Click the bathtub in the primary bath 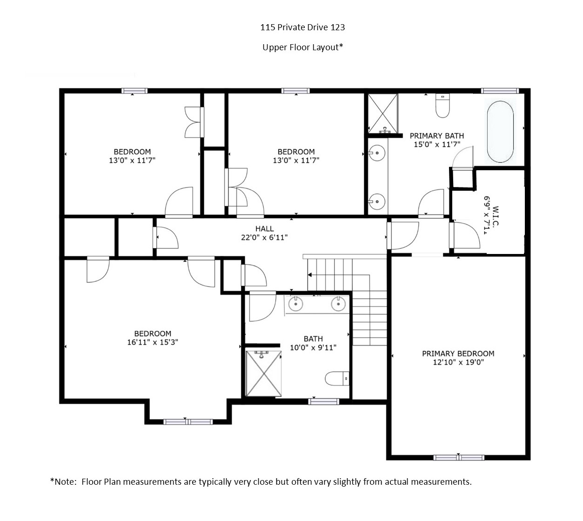(500, 132)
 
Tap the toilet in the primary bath (442, 106)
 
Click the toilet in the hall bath (337, 379)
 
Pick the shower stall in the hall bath (263, 374)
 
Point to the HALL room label (264, 229)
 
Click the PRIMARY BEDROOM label (458, 354)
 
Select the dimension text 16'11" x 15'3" (153, 342)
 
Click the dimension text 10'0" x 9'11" (313, 347)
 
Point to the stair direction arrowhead (309, 275)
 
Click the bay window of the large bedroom (188, 422)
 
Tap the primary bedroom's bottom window (459, 457)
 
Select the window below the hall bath (323, 401)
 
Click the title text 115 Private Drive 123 (302, 27)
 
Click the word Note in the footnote (65, 481)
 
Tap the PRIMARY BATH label (436, 135)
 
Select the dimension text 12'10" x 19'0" (458, 362)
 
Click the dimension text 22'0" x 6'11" (264, 237)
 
